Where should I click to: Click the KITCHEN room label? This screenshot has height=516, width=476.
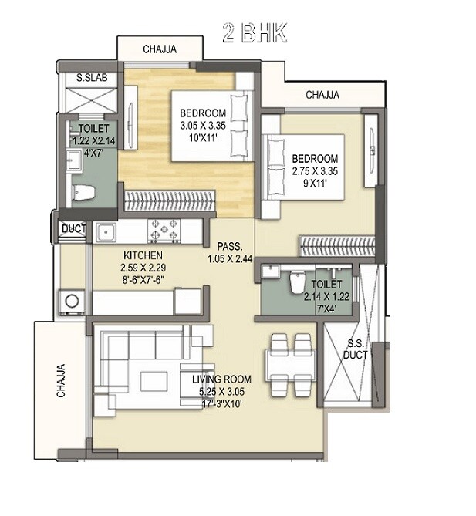click(142, 255)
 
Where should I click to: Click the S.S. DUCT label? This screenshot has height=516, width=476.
click(356, 349)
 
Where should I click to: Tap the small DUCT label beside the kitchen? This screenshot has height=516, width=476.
click(74, 229)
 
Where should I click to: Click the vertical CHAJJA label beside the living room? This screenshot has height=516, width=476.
click(61, 380)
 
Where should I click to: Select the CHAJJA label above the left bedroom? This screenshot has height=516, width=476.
click(160, 49)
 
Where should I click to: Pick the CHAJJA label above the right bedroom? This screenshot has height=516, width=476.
click(322, 96)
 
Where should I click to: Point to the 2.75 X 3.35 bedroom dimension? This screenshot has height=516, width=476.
click(315, 172)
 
